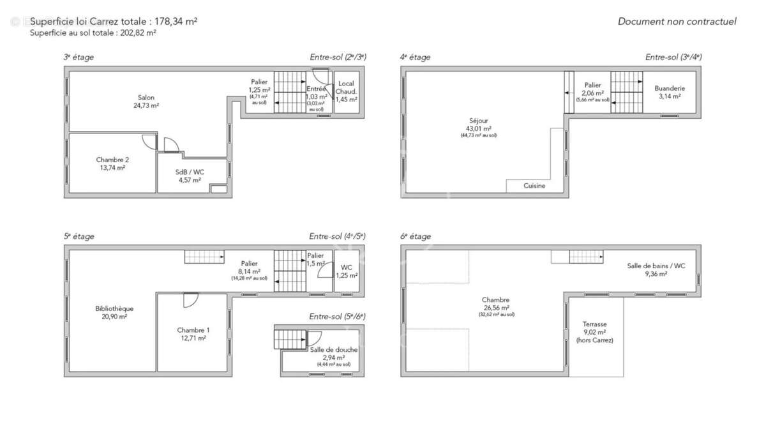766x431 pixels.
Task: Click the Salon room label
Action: pyautogui.click(x=146, y=98)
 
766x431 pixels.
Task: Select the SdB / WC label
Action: pyautogui.click(x=190, y=172)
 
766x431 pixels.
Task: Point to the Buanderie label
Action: pyautogui.click(x=670, y=88)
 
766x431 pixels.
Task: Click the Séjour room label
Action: pyautogui.click(x=478, y=120)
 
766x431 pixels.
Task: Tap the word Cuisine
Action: pyautogui.click(x=534, y=186)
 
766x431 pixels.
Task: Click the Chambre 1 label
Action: pyautogui.click(x=193, y=330)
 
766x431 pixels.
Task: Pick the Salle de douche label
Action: pyautogui.click(x=334, y=350)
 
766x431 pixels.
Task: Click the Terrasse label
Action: pyautogui.click(x=594, y=324)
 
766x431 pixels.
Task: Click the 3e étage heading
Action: pyautogui.click(x=79, y=57)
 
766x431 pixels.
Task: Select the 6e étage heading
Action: pyautogui.click(x=415, y=236)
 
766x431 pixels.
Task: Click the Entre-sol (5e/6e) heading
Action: pyautogui.click(x=338, y=317)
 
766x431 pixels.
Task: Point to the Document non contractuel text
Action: pyautogui.click(x=677, y=22)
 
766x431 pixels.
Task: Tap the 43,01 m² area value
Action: pyautogui.click(x=478, y=128)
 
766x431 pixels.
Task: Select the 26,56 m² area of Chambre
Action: pyautogui.click(x=496, y=307)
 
